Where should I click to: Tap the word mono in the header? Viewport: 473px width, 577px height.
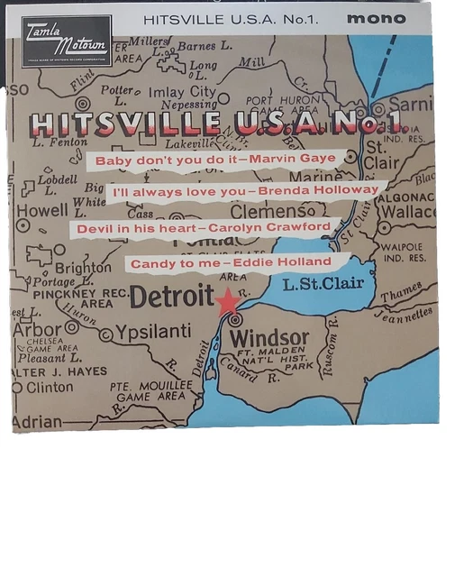tap(383, 18)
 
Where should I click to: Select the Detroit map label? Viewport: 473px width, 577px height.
tap(170, 297)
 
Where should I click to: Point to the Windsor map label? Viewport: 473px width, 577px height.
tap(268, 339)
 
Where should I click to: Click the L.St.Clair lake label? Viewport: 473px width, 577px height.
tap(323, 284)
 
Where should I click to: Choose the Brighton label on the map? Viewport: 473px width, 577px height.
tap(83, 267)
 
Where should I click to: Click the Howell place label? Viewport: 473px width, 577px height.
tap(42, 210)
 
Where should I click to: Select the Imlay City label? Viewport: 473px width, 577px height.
tap(183, 92)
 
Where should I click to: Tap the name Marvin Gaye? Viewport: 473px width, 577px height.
tap(292, 159)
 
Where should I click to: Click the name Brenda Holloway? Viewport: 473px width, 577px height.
tap(319, 191)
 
